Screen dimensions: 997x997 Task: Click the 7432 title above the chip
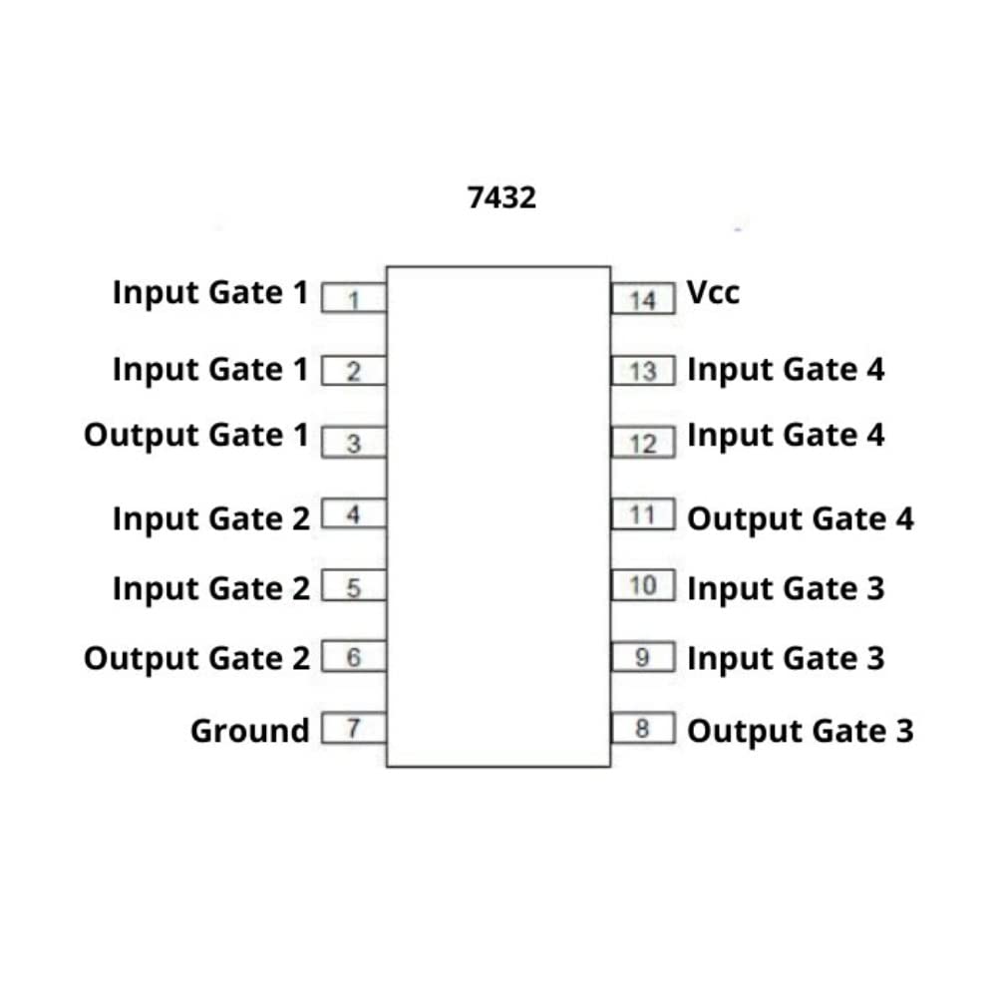[x=501, y=197]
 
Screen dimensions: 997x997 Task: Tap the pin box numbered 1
[x=353, y=298]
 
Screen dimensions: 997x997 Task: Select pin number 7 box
[x=353, y=729]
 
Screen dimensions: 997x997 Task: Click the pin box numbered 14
[x=644, y=298]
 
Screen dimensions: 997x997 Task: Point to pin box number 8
[x=643, y=729]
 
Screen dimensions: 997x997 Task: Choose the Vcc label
[x=713, y=293]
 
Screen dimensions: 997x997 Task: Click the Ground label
[x=249, y=731]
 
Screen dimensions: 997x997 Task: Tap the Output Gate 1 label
[x=196, y=436]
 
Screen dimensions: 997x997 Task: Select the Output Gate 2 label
[x=196, y=659]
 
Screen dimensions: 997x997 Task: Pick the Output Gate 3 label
[x=800, y=731]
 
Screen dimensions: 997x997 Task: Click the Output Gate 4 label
[x=800, y=519]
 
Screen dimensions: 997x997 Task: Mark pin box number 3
[x=353, y=444]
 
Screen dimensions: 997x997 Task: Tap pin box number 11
[x=644, y=515]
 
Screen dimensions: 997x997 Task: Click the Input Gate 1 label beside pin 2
[x=210, y=370]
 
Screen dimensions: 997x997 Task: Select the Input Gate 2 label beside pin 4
[x=210, y=519]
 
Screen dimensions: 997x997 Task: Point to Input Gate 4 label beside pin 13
[x=786, y=370]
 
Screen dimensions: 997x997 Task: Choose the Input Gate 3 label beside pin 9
[x=786, y=659]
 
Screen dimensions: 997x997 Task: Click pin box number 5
[x=353, y=588]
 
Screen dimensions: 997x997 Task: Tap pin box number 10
[x=644, y=584]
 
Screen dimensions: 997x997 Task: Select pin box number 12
[x=644, y=443]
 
